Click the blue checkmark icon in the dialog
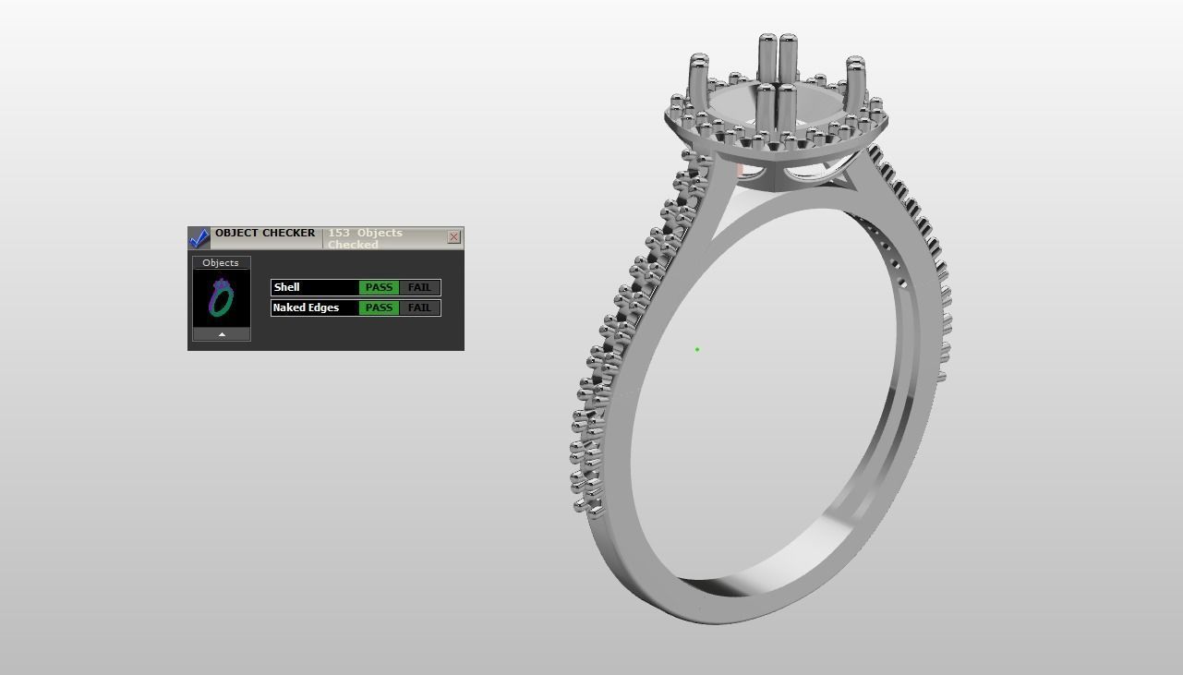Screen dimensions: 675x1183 (x=199, y=238)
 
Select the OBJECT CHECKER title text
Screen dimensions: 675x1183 (x=265, y=233)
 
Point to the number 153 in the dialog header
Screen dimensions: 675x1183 (x=338, y=233)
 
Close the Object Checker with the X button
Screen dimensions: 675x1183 (x=453, y=237)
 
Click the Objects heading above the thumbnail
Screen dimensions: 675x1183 (x=221, y=263)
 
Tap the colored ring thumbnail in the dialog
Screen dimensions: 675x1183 (x=222, y=297)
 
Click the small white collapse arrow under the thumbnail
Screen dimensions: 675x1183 (x=222, y=334)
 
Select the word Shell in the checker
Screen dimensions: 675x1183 (x=286, y=287)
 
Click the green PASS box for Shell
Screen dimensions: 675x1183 (x=379, y=287)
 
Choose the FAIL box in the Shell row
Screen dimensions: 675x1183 (x=419, y=287)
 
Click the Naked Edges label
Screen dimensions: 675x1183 (x=306, y=307)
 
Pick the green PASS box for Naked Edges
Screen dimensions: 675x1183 (x=379, y=307)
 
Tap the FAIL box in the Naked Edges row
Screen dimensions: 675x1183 (x=419, y=307)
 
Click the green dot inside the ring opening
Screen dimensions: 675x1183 (x=697, y=349)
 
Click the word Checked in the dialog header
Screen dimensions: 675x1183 (x=353, y=245)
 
